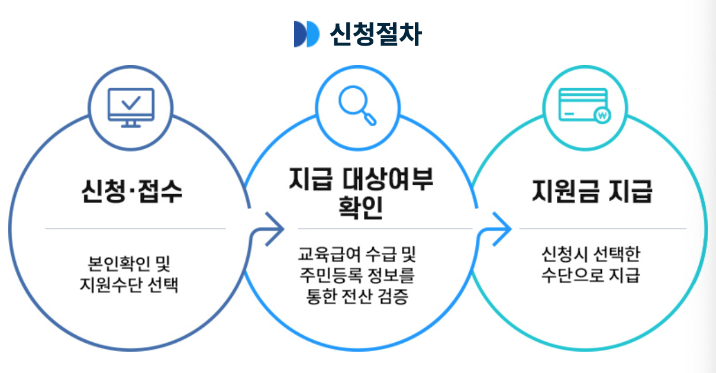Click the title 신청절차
(x=375, y=34)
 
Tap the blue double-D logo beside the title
(x=307, y=34)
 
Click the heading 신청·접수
(x=131, y=192)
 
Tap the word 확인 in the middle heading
(x=360, y=207)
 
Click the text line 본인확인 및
(x=129, y=262)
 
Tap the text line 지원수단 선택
(x=129, y=285)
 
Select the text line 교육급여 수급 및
(x=357, y=256)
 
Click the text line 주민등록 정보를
(x=357, y=276)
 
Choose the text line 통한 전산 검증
(x=357, y=296)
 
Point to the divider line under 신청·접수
(x=135, y=229)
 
